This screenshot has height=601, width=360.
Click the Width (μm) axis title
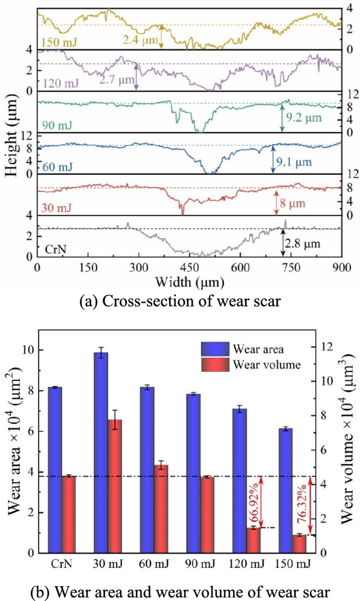(189, 283)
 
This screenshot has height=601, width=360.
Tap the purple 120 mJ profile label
(58, 82)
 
